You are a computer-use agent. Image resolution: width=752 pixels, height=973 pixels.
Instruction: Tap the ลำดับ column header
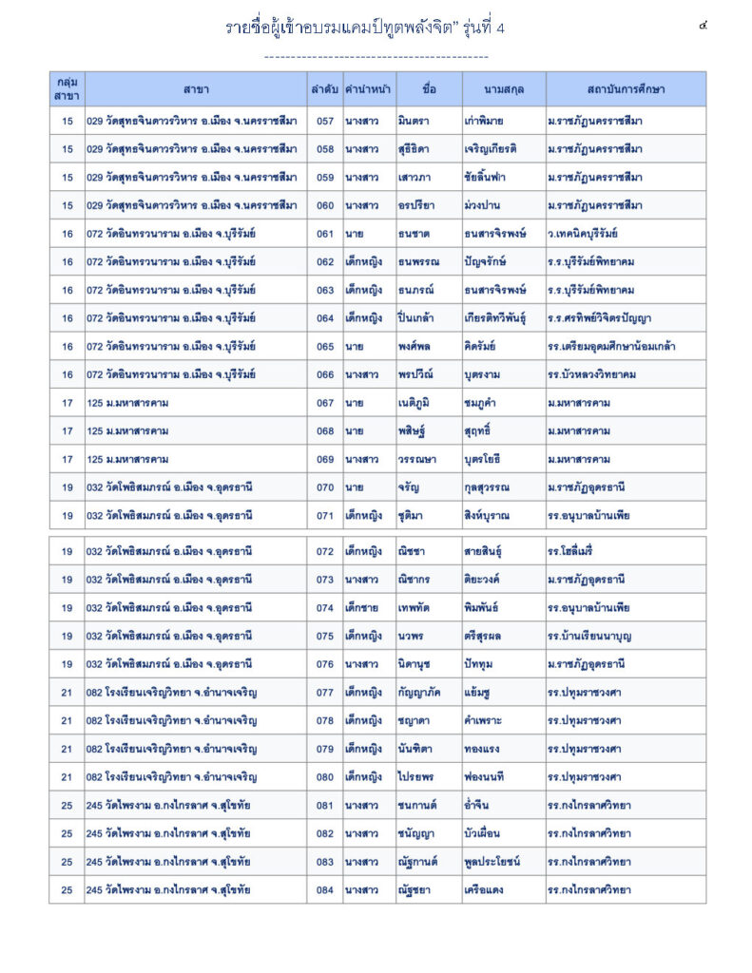pyautogui.click(x=324, y=89)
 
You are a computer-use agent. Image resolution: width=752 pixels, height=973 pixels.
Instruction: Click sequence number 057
pyautogui.click(x=325, y=121)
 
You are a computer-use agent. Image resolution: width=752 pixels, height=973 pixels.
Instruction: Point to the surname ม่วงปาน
pyautogui.click(x=485, y=205)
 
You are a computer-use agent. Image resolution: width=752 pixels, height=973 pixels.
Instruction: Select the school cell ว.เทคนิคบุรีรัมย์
pyautogui.click(x=583, y=234)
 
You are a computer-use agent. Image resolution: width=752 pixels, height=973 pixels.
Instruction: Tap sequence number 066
pyautogui.click(x=325, y=374)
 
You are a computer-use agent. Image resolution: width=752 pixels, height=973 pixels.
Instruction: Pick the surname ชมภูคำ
pyautogui.click(x=486, y=403)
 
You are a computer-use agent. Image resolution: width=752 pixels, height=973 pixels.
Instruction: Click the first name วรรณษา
pyautogui.click(x=417, y=460)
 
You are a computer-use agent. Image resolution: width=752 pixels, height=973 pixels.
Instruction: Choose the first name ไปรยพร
pyautogui.click(x=418, y=777)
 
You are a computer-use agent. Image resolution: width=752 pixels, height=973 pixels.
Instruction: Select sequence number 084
pyautogui.click(x=325, y=890)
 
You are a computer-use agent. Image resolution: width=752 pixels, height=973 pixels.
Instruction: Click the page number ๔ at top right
pyautogui.click(x=703, y=26)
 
